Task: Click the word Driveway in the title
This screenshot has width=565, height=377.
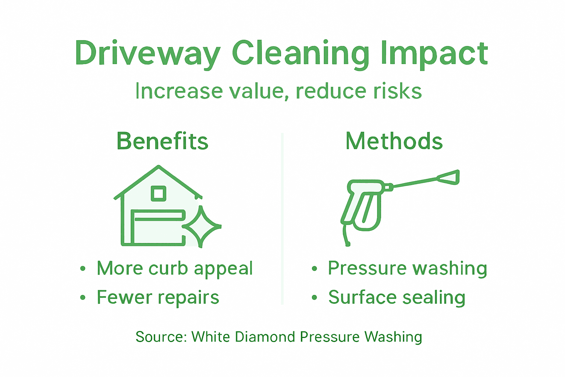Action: tap(147, 54)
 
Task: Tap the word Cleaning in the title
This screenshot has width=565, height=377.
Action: tap(300, 54)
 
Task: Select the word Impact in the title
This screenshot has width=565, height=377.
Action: tap(434, 54)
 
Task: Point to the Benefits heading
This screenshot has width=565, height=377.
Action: tap(162, 141)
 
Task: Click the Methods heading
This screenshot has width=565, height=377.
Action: tap(394, 141)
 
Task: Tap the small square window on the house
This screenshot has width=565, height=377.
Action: tap(159, 194)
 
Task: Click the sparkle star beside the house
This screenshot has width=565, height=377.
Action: tap(201, 226)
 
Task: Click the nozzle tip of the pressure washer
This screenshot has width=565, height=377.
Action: tap(451, 177)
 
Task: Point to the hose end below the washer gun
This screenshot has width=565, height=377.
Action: tap(347, 243)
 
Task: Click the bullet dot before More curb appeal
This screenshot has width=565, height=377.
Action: tap(83, 268)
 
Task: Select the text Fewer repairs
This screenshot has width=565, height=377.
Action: tap(158, 297)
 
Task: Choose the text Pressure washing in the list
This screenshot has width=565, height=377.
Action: tap(408, 268)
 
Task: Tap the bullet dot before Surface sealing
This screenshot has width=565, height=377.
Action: tap(314, 297)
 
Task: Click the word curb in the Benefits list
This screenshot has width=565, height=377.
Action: tap(168, 268)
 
